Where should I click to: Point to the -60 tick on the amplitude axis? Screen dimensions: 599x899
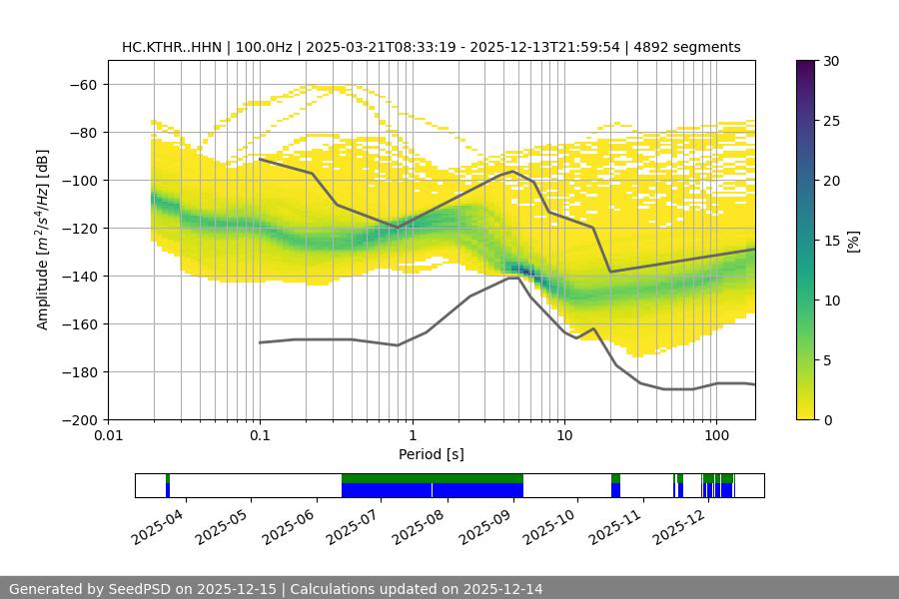click(x=82, y=84)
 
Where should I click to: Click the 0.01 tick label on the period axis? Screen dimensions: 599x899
click(x=108, y=436)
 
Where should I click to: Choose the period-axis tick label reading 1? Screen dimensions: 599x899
click(x=412, y=436)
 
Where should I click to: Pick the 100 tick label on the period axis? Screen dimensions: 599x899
click(x=715, y=436)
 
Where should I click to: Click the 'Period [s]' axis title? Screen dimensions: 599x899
click(x=431, y=454)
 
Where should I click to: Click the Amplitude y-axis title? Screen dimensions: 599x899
click(x=43, y=240)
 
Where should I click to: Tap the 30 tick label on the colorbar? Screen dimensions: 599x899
click(x=831, y=61)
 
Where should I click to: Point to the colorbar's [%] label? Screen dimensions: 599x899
click(x=853, y=240)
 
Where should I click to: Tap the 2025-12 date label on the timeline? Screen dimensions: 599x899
click(x=678, y=522)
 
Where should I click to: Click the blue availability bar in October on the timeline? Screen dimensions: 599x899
click(x=615, y=490)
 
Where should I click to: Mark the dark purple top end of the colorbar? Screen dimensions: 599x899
click(x=805, y=65)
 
